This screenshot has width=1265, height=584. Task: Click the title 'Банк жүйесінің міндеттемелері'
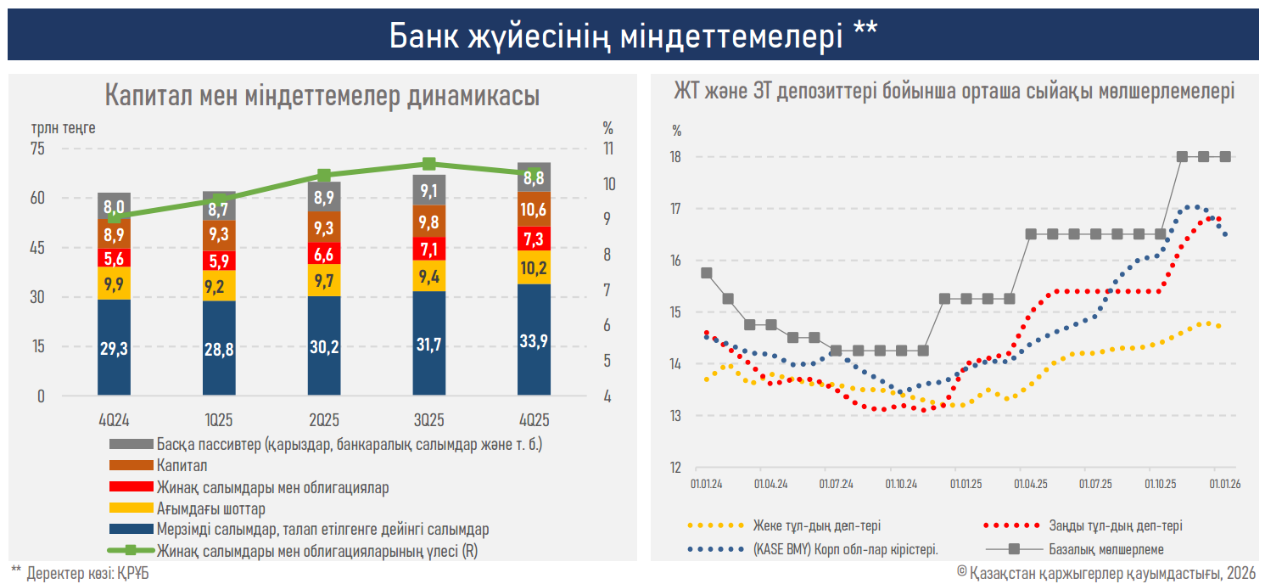[632, 35]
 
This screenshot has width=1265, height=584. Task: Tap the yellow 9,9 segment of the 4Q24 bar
[115, 284]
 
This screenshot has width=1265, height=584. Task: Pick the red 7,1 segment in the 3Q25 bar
[429, 249]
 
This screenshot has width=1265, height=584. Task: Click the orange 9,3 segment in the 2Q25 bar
[324, 227]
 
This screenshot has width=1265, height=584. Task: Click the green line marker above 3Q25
[429, 164]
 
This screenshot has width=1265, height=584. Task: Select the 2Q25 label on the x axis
[324, 420]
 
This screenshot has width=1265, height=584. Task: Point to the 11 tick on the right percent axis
[607, 149]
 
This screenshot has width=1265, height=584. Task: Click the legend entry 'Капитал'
[182, 465]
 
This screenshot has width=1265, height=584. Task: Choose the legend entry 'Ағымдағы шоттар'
[210, 508]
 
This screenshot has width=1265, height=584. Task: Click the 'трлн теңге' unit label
[63, 128]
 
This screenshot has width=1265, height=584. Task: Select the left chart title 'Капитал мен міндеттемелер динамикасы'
[322, 95]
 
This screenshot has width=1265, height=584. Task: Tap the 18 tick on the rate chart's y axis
[676, 157]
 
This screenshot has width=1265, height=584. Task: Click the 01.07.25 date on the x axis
[1095, 484]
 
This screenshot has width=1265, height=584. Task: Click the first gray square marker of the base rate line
[707, 273]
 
